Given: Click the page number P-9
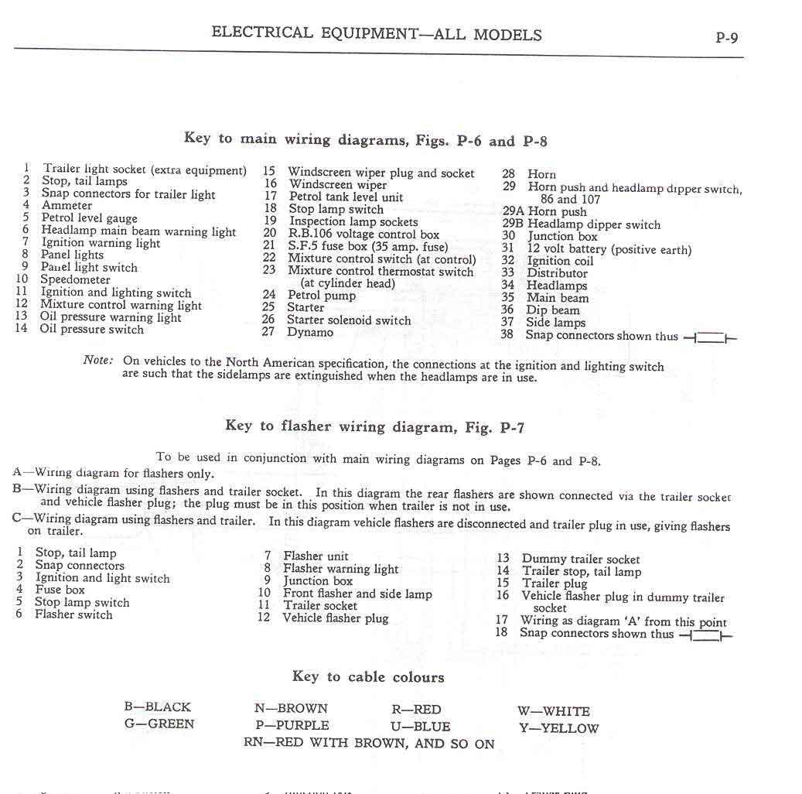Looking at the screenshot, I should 727,36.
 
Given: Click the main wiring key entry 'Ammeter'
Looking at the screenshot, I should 67,206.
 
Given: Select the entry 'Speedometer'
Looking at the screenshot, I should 75,279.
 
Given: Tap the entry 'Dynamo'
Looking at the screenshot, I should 310,333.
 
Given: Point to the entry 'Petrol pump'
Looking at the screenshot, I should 322,295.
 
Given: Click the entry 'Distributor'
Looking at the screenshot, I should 557,273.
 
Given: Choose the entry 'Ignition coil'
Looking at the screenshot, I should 560,261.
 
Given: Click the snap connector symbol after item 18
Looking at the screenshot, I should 705,635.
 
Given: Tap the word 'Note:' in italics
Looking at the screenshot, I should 98,361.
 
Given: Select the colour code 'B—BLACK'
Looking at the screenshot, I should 157,707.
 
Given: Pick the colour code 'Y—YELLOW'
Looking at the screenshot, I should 558,728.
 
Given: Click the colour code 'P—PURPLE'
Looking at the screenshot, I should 292,726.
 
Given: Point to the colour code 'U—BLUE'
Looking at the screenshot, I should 421,727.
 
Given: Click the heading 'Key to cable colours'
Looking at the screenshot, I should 368,677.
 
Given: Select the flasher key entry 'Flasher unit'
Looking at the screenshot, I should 316,556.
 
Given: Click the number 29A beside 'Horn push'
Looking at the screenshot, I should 513,211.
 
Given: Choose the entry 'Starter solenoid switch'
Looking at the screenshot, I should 349,320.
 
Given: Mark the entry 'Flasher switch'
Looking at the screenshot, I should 73,614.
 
